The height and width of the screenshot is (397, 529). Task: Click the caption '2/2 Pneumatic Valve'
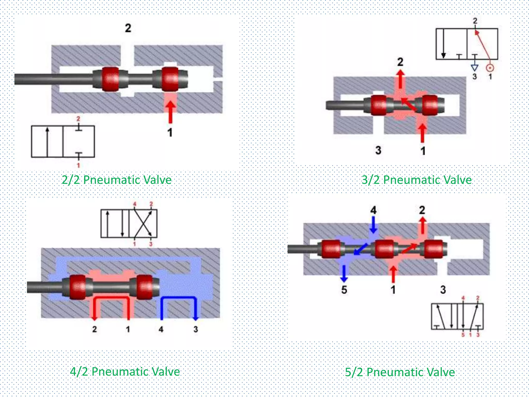pos(116,180)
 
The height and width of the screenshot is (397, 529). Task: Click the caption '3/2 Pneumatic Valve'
pos(416,180)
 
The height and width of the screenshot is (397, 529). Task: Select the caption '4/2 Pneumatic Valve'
pos(125,372)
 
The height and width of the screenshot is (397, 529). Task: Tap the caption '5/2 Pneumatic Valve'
pos(400,372)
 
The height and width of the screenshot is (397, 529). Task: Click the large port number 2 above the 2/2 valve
pos(128,28)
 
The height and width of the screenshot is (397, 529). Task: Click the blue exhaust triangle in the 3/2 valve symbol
pos(474,68)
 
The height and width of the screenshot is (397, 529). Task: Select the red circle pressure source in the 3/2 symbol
pos(490,68)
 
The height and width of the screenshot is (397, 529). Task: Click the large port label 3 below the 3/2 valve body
pos(378,150)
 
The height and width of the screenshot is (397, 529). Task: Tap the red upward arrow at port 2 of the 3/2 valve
pos(400,79)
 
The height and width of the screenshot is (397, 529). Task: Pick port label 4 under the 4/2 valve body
pos(161,329)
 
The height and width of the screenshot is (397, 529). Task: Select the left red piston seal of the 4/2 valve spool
pos(77,287)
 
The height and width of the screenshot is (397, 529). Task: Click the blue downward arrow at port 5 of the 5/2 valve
pos(344,274)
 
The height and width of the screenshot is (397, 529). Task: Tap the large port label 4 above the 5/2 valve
pos(373,210)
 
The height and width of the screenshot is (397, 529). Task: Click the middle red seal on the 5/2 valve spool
pos(384,249)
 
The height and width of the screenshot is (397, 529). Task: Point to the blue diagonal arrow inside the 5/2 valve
pos(361,249)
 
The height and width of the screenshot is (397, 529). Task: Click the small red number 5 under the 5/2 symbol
pos(463,335)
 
